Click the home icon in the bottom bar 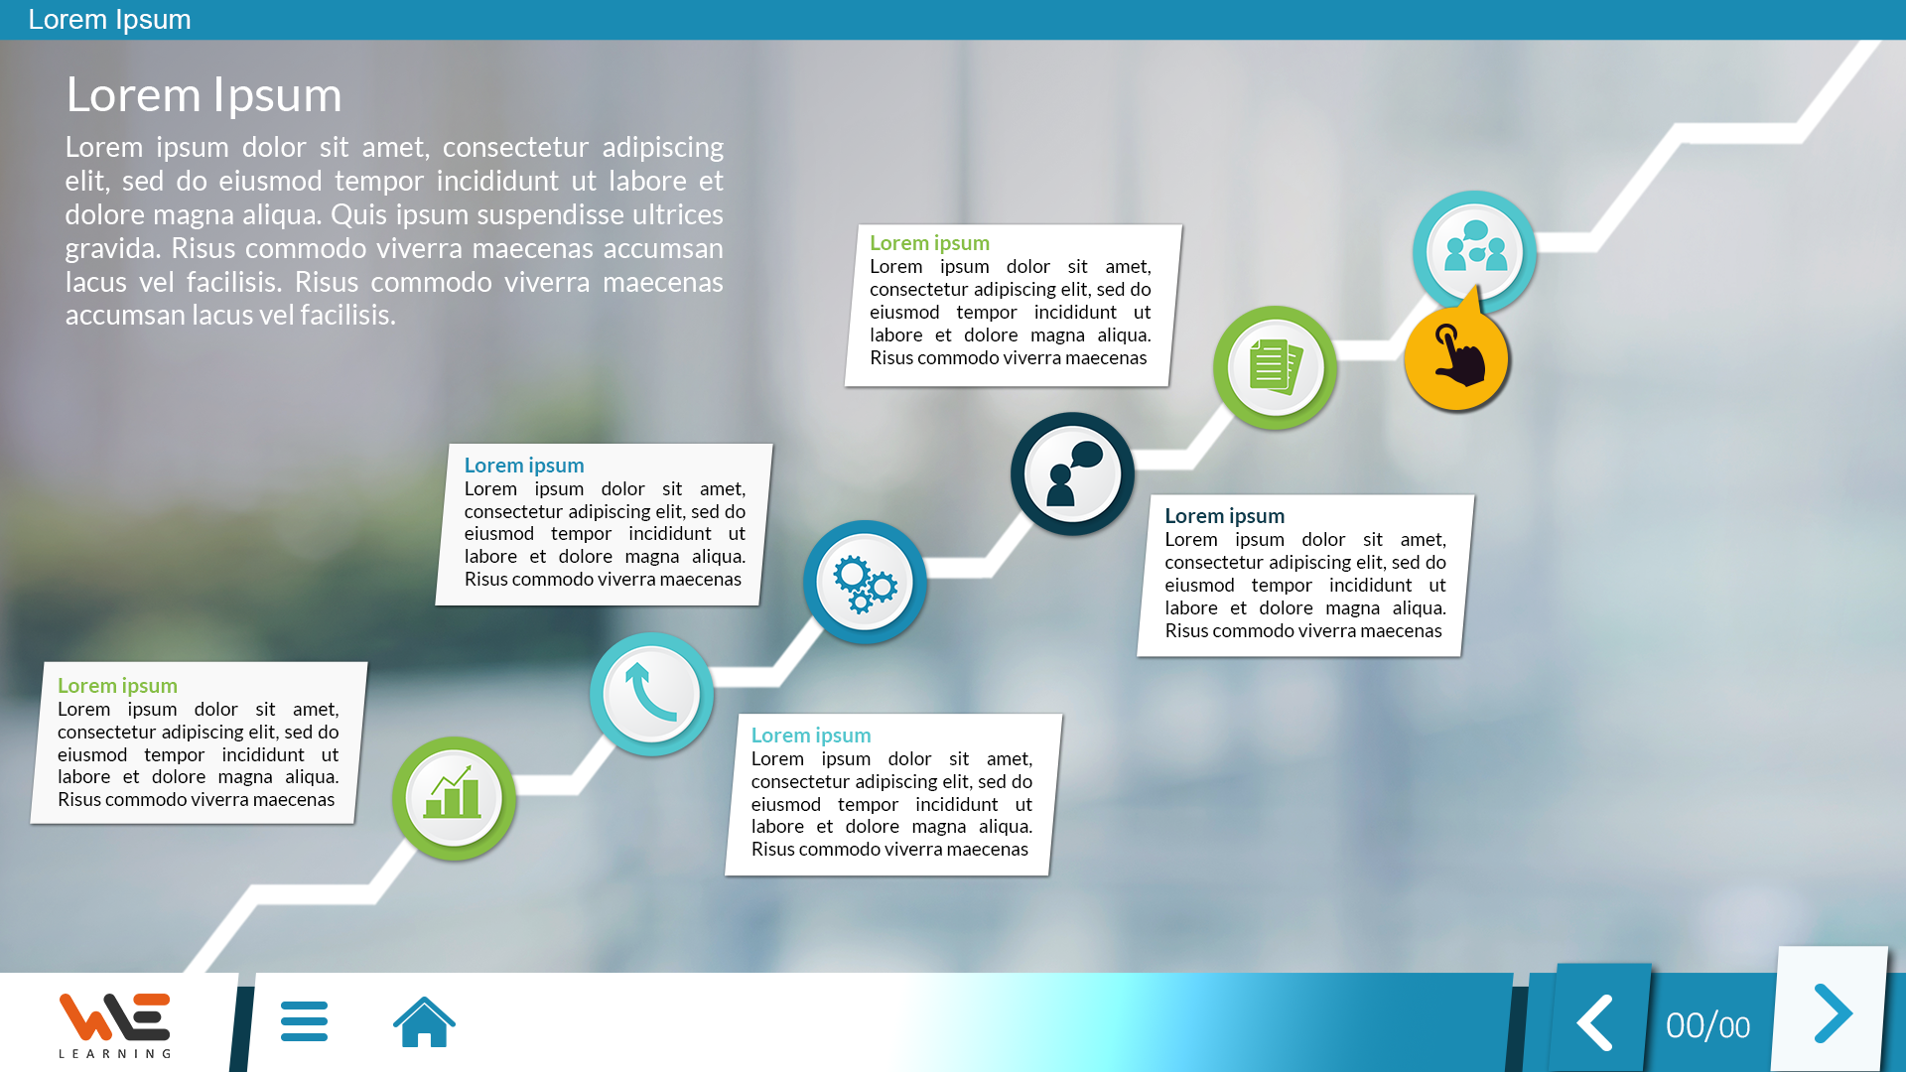coord(424,1021)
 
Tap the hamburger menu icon coord(304,1021)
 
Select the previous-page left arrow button coord(1594,1022)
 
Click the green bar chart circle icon coord(454,798)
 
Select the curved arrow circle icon coord(651,694)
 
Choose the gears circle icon coord(865,583)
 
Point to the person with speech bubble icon coord(1072,474)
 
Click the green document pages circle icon coord(1275,367)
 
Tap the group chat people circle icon coord(1474,252)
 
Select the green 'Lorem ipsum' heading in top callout coord(929,243)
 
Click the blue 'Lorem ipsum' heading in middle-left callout coord(524,466)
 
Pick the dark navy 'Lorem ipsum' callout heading coord(1224,516)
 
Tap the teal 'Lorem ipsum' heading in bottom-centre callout coord(811,736)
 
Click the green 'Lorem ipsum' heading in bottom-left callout coord(117,686)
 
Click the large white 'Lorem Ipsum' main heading coord(204,95)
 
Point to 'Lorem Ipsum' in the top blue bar coord(109,20)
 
